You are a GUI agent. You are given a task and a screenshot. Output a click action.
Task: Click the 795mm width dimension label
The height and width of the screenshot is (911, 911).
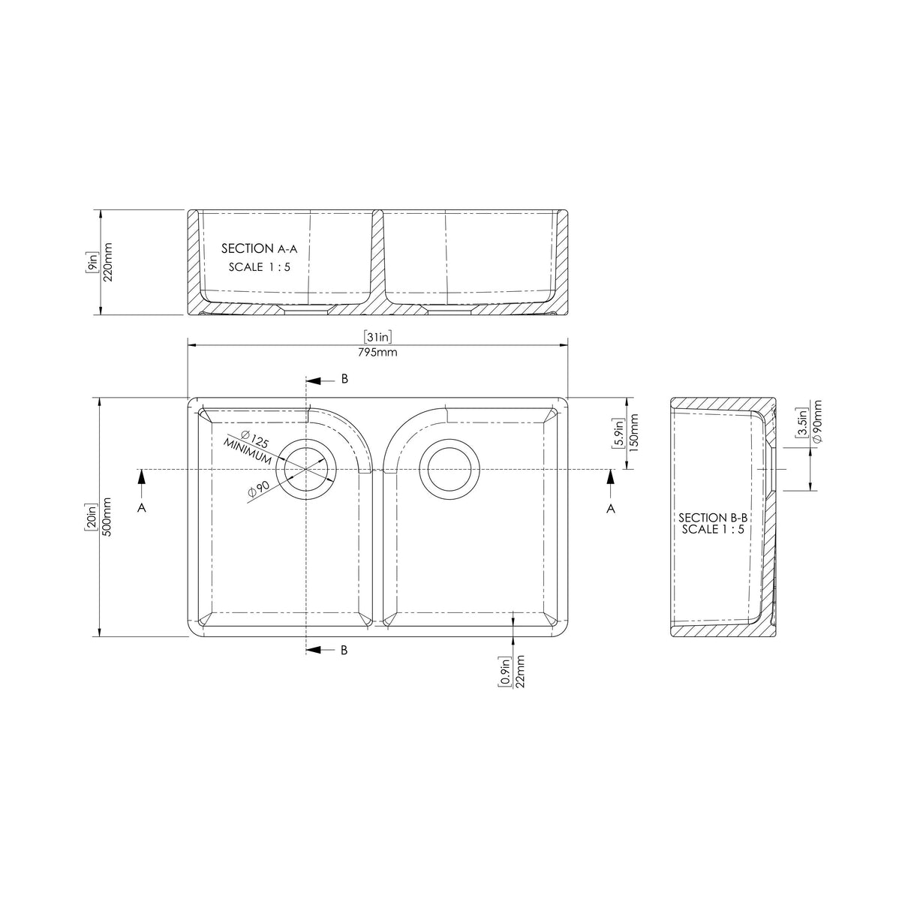click(x=377, y=353)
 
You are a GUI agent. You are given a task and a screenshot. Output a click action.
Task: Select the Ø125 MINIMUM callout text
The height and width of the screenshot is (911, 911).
click(x=248, y=446)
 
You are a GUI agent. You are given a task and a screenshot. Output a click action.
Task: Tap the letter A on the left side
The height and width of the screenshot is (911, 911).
click(x=141, y=509)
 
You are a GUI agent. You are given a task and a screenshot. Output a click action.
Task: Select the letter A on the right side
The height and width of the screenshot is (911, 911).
click(x=611, y=509)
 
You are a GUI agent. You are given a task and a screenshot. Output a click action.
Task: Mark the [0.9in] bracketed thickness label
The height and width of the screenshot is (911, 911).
click(x=505, y=671)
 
